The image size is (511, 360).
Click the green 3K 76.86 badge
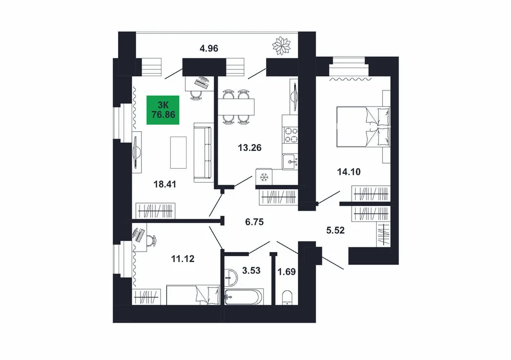[163, 110]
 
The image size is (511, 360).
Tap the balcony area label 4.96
[209, 49]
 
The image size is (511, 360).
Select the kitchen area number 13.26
[250, 148]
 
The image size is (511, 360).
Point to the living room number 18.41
[165, 184]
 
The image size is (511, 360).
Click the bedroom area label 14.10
[349, 171]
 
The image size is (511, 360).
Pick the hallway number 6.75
[254, 222]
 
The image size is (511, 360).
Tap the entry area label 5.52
[336, 231]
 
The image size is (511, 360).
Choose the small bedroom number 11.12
[183, 259]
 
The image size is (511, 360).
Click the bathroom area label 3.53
[251, 271]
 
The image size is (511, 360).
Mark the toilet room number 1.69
[287, 272]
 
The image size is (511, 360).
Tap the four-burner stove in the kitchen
[291, 135]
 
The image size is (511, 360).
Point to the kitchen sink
[291, 162]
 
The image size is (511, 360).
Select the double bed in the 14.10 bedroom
[363, 126]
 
